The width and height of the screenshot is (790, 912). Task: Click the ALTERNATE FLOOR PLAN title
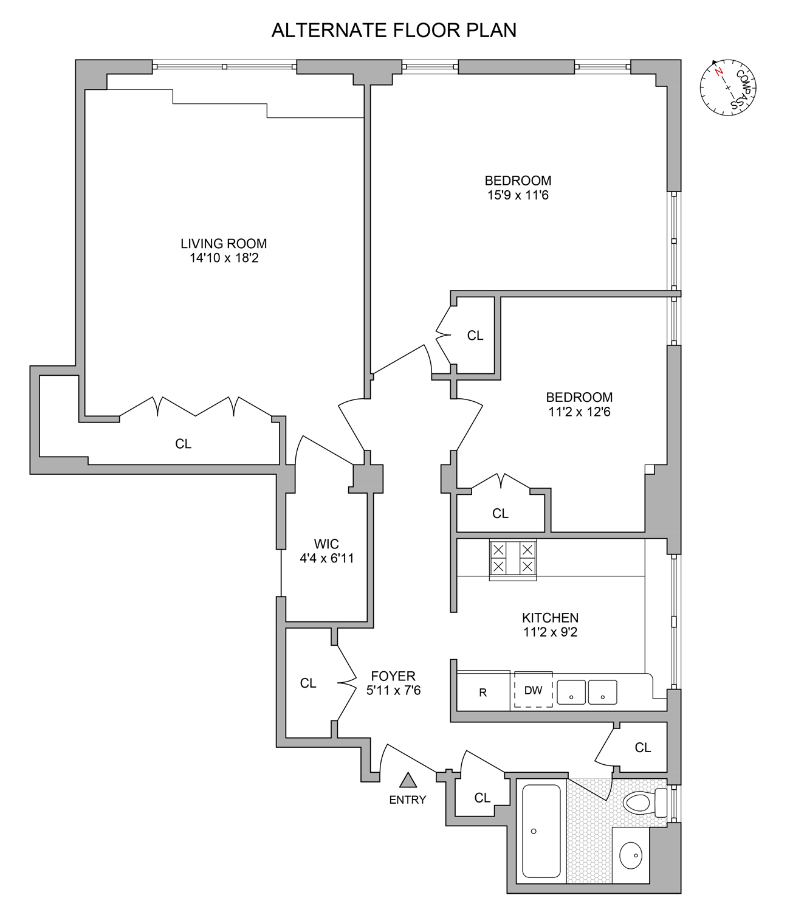pos(394,30)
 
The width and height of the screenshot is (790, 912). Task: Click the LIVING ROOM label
pos(224,243)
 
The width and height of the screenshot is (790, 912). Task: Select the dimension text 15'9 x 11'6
pos(518,195)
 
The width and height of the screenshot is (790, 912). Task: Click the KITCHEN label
pos(550,618)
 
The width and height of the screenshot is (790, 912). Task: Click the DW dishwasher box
pos(533,690)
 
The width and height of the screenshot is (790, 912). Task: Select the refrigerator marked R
pos(483,692)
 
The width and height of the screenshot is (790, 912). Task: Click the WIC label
pos(326,544)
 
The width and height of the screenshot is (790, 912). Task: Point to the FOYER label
pos(393,675)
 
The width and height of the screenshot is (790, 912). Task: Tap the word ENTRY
pos(408,800)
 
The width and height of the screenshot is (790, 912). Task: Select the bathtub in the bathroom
pos(541,831)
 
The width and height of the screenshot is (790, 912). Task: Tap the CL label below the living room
pos(183,444)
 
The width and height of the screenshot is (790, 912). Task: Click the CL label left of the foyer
pos(308,683)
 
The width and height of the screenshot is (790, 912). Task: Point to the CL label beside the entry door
pos(482,798)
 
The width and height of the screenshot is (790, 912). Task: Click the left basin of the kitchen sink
pos(571,692)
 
